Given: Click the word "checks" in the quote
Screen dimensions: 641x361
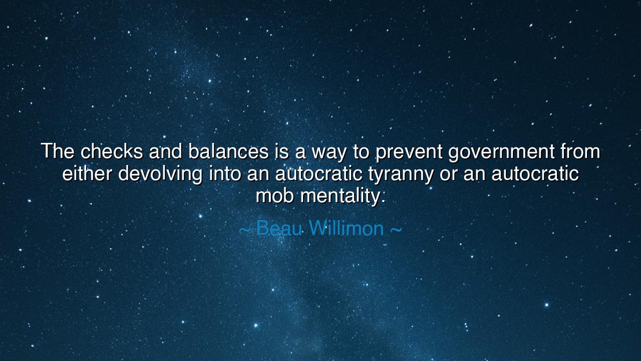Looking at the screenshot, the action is point(112,151).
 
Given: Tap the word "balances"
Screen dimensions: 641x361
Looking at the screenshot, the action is point(228,151).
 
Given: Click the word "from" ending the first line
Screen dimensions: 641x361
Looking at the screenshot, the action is point(580,151).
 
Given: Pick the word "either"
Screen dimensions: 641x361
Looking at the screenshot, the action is point(87,173).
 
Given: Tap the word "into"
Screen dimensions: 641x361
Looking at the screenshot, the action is point(225,173).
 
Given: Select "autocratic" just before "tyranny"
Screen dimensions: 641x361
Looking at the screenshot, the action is point(318,173).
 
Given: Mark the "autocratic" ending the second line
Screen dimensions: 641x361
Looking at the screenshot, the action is point(535,173).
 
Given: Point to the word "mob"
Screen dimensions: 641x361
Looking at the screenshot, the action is point(275,196).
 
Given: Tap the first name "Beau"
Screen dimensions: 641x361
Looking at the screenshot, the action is point(279,228).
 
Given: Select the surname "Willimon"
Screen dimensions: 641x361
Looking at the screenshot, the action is point(346,228).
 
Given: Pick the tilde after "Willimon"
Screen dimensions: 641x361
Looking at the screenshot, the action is point(396,229).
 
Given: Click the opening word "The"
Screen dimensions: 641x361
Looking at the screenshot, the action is point(58,151).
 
